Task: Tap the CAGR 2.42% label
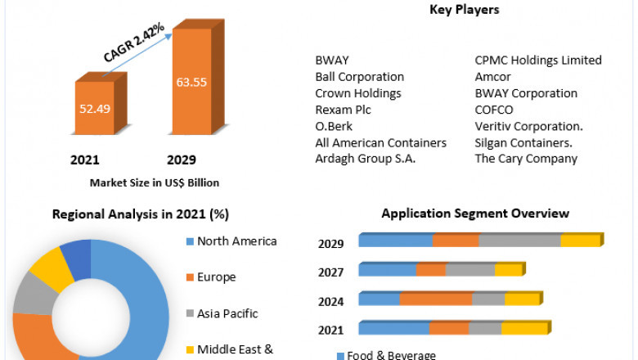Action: click(134, 43)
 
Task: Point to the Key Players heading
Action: click(464, 10)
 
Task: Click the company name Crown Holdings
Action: click(358, 93)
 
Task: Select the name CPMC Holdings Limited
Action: click(538, 61)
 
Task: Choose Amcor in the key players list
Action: click(493, 77)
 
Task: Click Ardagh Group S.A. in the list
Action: click(366, 159)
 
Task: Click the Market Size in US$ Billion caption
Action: click(155, 182)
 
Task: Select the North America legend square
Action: click(190, 241)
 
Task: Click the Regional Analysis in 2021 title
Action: click(141, 214)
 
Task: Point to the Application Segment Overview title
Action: click(475, 214)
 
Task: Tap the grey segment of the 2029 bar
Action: click(519, 241)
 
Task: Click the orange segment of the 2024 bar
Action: click(435, 299)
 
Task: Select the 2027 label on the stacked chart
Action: click(330, 272)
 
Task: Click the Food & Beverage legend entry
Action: click(384, 355)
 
